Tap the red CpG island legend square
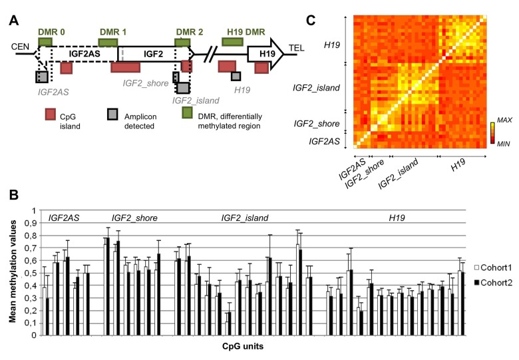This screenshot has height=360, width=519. (x=49, y=114)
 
